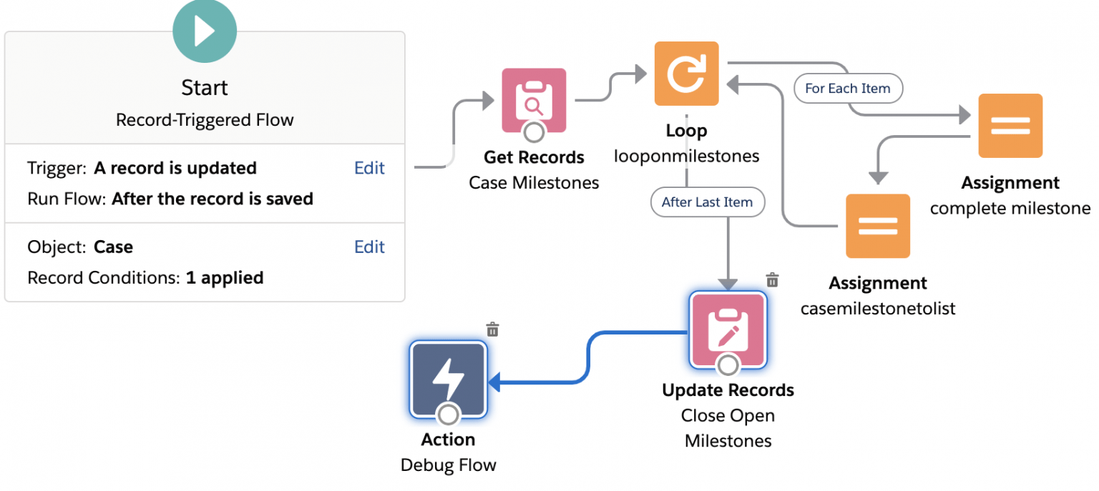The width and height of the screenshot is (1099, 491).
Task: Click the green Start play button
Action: [205, 31]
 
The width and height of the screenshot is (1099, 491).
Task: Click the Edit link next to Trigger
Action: [369, 168]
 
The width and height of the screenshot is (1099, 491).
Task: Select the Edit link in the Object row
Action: [369, 247]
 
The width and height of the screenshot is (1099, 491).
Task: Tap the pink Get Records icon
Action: [534, 101]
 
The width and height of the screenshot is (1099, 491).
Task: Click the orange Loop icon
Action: [686, 74]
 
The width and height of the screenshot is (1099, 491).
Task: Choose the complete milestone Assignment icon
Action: [1010, 126]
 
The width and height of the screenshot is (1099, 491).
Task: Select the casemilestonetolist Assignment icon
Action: [877, 226]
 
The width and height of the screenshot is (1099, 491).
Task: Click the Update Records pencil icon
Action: [728, 329]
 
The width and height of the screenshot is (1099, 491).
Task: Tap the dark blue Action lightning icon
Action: [448, 379]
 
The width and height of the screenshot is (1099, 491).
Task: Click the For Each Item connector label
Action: [848, 89]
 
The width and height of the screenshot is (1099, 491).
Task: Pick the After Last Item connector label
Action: [707, 202]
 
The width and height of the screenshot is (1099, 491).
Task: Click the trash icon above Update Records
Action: [772, 279]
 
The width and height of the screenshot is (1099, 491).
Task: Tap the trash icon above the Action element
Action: [492, 329]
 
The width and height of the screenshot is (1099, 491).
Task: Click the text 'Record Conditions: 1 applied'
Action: [145, 277]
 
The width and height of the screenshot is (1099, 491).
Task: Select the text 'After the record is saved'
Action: [212, 199]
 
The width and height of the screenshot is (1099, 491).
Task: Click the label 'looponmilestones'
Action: [686, 156]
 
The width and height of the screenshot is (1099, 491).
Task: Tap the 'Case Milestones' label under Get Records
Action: [534, 183]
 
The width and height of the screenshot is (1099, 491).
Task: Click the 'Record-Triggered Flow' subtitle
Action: [205, 119]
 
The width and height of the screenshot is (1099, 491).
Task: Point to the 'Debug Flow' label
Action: [448, 465]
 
